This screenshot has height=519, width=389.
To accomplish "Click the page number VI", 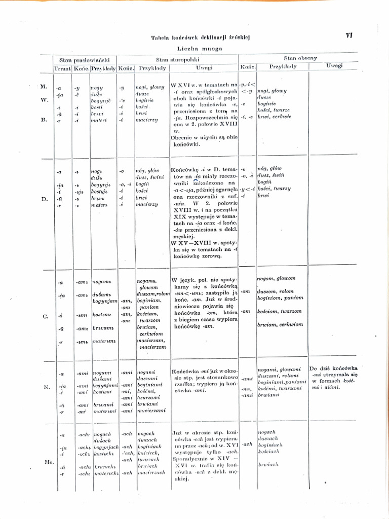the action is (349, 35).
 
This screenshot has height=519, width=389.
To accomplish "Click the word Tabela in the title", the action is (160, 38).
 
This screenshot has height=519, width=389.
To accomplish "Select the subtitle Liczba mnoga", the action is (200, 48).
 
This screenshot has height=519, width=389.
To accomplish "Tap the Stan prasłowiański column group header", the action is (85, 59).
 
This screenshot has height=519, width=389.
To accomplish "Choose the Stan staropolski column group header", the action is (176, 59).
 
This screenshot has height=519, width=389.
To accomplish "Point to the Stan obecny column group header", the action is (300, 58).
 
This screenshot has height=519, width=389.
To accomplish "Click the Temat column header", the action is (63, 68).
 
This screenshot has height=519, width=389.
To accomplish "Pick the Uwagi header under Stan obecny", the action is (334, 66).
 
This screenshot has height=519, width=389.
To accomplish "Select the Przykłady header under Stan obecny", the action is (283, 66).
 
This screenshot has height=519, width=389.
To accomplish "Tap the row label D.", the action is (45, 199).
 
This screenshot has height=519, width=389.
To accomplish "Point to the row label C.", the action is (45, 316).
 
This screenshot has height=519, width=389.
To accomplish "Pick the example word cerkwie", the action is (282, 117).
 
